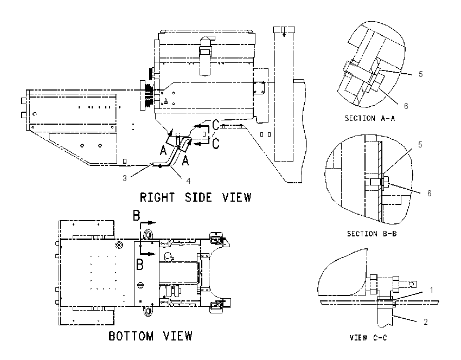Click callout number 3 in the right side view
(125, 178)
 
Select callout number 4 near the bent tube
(188, 181)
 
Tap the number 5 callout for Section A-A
(421, 74)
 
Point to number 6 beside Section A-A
(406, 106)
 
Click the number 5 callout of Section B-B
(420, 145)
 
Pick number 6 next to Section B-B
(429, 194)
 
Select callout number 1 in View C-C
(432, 290)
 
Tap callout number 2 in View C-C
(425, 322)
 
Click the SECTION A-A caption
(370, 118)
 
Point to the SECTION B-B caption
(372, 234)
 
